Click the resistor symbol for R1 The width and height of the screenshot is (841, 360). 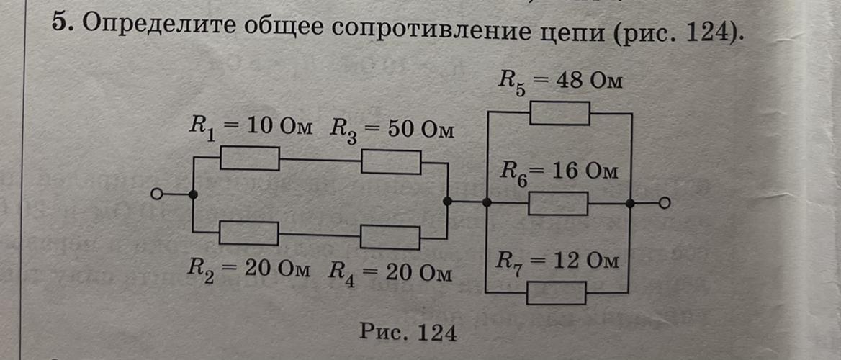[249, 158]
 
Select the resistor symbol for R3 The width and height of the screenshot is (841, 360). [391, 162]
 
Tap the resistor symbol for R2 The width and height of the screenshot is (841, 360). [249, 233]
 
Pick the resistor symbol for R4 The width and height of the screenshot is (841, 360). [390, 238]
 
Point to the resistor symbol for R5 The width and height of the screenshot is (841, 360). [560, 113]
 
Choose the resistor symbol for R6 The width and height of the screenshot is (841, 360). [558, 203]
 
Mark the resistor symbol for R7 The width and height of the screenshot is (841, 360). [556, 293]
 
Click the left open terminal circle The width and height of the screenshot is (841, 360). [156, 194]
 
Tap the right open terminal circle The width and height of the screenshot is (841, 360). [665, 203]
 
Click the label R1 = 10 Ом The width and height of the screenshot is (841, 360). [249, 130]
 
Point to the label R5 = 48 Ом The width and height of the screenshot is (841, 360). [559, 83]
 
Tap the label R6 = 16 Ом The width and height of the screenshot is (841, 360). [559, 174]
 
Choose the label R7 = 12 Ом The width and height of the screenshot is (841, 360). [557, 263]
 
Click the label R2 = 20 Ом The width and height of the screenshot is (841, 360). [248, 269]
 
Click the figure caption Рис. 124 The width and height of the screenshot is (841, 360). [408, 333]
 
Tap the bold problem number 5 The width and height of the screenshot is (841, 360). [62, 23]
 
